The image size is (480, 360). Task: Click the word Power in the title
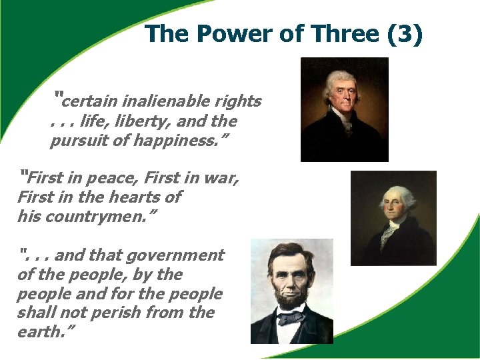229,34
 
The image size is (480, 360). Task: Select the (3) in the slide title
404,34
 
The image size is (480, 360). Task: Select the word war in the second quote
221,179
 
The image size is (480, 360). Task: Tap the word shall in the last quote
35,313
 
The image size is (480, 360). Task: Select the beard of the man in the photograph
291,299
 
